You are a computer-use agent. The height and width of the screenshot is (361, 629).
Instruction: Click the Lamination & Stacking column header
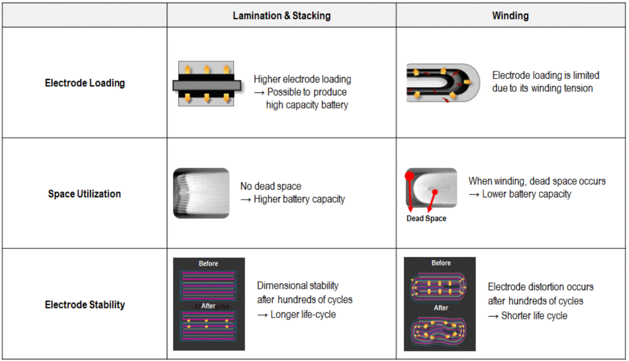[282, 16]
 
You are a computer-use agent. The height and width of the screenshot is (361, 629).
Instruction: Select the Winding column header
[510, 16]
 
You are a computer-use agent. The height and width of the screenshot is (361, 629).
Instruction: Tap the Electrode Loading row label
[85, 83]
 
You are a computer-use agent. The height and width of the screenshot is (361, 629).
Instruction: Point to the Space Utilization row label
[84, 194]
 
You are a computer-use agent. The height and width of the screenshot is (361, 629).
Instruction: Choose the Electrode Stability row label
[85, 304]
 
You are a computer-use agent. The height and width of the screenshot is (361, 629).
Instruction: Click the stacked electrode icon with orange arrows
[207, 84]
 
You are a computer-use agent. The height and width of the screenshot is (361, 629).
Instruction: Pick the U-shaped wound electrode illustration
[443, 83]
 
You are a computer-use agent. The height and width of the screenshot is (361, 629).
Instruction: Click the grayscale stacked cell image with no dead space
[201, 193]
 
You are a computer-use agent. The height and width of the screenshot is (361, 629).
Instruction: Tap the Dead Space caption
[426, 218]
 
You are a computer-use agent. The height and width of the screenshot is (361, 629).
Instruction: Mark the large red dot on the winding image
[410, 176]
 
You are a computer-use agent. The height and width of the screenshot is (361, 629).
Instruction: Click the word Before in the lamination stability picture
[208, 263]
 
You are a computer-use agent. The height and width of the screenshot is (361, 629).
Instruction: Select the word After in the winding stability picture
[441, 308]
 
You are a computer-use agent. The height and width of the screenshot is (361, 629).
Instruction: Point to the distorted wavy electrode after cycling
[440, 331]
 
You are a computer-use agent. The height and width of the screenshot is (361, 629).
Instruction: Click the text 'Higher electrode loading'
[302, 79]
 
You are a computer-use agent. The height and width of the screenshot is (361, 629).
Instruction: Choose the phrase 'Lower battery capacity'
[526, 194]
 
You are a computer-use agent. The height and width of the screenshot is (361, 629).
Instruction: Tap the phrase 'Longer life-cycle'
[303, 315]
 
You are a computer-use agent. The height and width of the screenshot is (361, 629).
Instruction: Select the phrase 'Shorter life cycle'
[534, 316]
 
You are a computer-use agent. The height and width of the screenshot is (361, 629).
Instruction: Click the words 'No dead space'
[271, 186]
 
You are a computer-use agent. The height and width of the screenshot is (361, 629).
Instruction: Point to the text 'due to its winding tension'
[542, 88]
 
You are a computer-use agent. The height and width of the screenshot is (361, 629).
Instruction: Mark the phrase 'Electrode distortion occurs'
[540, 287]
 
